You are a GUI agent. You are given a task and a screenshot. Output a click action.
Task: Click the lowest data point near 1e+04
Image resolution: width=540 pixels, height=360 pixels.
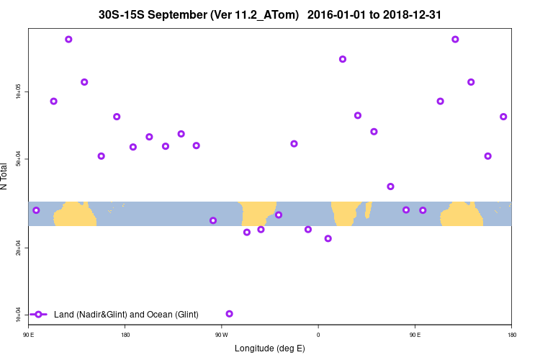coord(229,314)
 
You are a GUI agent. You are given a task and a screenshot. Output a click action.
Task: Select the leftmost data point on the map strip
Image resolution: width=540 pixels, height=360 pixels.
coord(36,210)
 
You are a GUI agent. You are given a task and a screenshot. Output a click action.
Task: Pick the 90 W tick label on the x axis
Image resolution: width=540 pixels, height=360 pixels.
coord(221,334)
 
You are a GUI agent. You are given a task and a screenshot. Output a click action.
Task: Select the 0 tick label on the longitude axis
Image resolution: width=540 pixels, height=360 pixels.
coord(318,334)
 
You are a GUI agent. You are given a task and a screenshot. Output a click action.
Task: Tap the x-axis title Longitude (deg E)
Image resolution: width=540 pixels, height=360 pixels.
coord(270,348)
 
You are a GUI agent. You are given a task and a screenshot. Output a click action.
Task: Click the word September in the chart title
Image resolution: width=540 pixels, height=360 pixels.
coord(184,14)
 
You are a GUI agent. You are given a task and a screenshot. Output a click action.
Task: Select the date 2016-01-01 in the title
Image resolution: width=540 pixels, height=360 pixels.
coord(333,14)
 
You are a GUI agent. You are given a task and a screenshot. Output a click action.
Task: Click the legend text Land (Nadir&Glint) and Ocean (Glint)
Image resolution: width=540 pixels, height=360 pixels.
coord(126,315)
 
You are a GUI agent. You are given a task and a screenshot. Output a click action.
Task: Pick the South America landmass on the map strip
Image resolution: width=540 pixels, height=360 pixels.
coord(256,214)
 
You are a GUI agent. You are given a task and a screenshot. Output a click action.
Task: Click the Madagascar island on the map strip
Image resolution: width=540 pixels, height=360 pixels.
coord(368,210)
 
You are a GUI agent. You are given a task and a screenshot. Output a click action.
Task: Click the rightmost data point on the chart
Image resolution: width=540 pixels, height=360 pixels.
coord(503,117)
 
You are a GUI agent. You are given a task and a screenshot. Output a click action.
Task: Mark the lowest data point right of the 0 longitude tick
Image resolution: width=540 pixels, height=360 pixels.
coord(328,238)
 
